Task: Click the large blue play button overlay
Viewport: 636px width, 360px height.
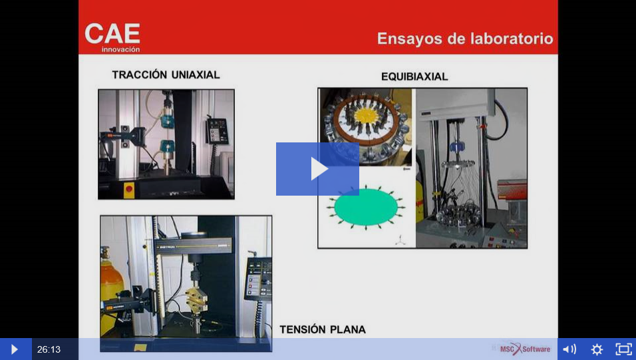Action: pyautogui.click(x=317, y=169)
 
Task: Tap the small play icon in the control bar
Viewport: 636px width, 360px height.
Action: pyautogui.click(x=14, y=349)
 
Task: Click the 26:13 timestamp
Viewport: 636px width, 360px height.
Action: pyautogui.click(x=49, y=349)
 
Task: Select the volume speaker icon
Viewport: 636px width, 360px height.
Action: pyautogui.click(x=569, y=349)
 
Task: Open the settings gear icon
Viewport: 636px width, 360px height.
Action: pyautogui.click(x=597, y=349)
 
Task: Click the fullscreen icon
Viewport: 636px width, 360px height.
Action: pyautogui.click(x=624, y=349)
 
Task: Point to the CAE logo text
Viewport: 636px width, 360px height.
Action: pyautogui.click(x=112, y=33)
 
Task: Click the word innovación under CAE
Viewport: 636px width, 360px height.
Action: pyautogui.click(x=120, y=49)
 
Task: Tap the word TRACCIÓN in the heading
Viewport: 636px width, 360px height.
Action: pyautogui.click(x=140, y=75)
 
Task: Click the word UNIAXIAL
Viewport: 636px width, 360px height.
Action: pyautogui.click(x=196, y=75)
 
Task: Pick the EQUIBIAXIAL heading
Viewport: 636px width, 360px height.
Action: pyautogui.click(x=414, y=77)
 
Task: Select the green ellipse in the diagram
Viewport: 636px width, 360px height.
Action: pyautogui.click(x=365, y=207)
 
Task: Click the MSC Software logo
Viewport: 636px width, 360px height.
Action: pyautogui.click(x=525, y=349)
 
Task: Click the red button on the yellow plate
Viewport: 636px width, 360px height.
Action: pyautogui.click(x=129, y=189)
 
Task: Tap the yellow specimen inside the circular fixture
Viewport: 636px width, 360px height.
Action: pyautogui.click(x=367, y=116)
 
